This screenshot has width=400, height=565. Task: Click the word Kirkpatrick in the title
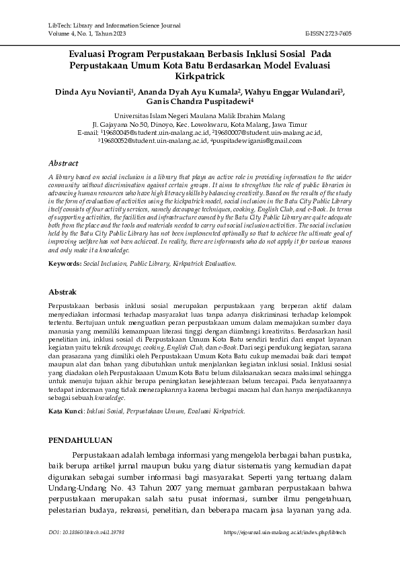point(200,77)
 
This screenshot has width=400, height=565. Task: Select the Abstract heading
point(64,163)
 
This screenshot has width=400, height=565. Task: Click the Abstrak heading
point(63,293)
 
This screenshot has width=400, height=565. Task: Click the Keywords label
point(65,264)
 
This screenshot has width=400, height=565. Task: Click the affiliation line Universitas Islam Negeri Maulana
point(200,115)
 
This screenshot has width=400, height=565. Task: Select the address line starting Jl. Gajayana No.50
point(200,124)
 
